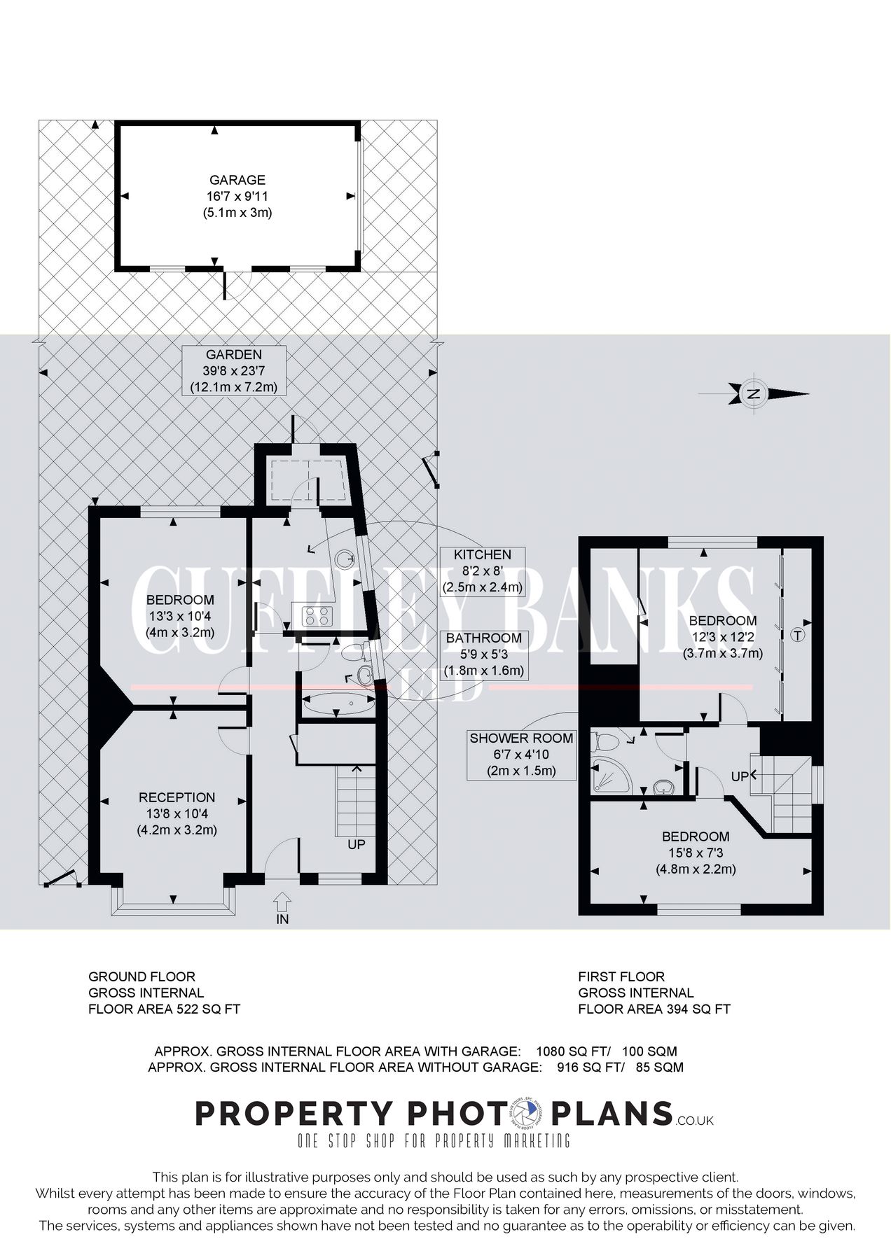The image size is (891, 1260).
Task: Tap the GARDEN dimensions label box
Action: click(x=234, y=371)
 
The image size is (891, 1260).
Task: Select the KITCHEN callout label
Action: click(x=483, y=570)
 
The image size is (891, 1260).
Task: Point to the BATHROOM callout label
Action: click(x=483, y=654)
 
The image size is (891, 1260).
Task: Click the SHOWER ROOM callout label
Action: click(x=521, y=754)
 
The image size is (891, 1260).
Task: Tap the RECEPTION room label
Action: click(x=177, y=813)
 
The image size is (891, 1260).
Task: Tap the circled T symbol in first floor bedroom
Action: click(x=796, y=636)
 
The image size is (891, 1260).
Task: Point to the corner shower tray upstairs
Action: click(x=607, y=771)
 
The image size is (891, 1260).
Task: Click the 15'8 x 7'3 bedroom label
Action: click(x=696, y=853)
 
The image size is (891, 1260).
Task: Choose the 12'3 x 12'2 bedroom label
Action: click(x=722, y=636)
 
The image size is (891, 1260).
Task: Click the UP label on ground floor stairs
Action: click(x=356, y=844)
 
